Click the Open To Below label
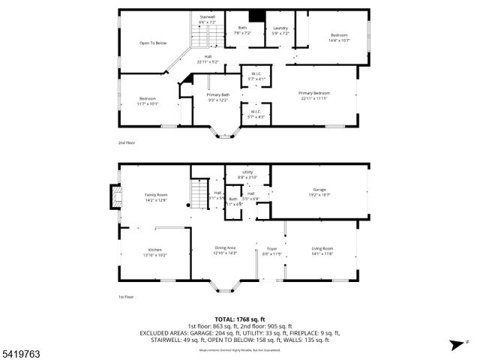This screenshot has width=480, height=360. [152, 43]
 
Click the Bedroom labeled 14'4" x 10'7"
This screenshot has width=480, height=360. [339, 37]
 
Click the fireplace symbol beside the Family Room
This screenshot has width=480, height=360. [115, 196]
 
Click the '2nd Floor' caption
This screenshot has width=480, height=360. [127, 142]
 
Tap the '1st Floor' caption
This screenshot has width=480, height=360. [126, 297]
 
